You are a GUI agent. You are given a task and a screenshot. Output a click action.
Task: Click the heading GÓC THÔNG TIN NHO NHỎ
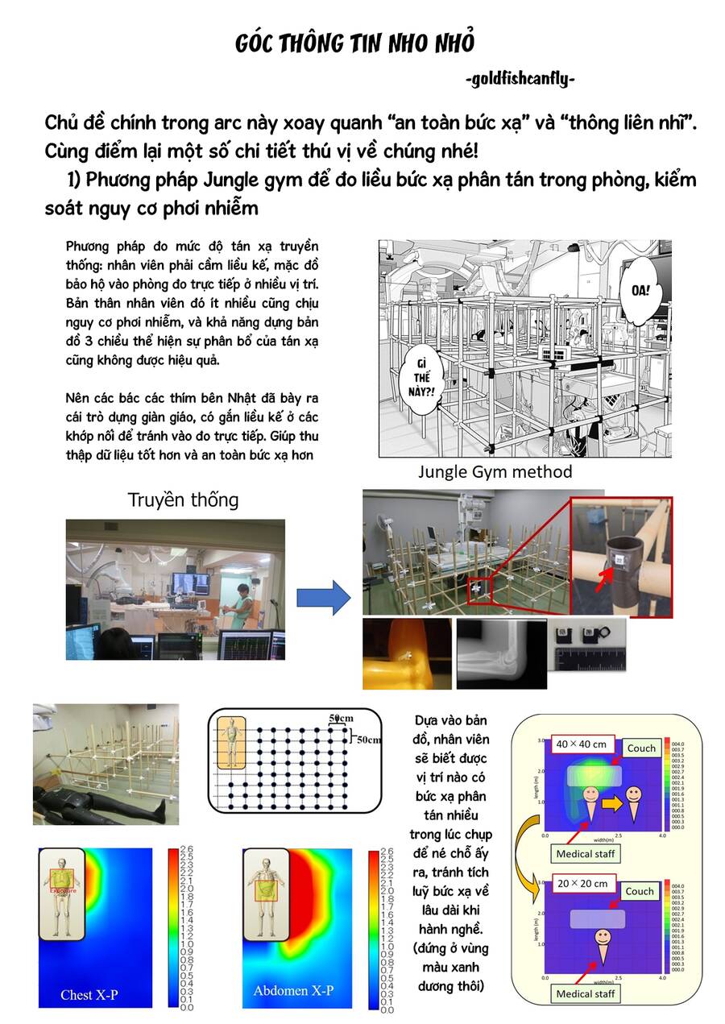coord(354,43)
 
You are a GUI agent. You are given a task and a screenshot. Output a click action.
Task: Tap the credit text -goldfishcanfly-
coord(520,79)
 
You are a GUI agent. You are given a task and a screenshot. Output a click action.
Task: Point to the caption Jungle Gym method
coord(495,471)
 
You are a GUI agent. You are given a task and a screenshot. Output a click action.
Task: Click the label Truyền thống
coord(183,500)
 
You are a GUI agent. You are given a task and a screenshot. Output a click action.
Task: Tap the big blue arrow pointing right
coord(323,597)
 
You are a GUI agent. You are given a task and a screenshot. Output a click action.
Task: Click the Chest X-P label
coord(89,994)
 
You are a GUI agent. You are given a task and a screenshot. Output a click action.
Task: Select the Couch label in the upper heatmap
coord(641,748)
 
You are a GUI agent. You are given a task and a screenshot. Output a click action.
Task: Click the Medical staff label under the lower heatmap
coord(586,993)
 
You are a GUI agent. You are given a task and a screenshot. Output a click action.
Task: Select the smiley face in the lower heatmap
coord(602,937)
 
